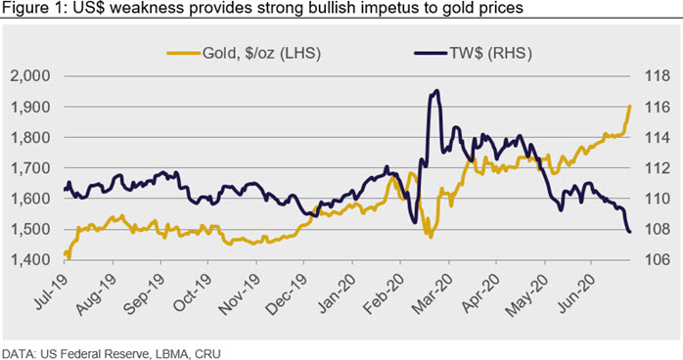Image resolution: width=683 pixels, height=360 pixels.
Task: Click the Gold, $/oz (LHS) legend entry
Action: tap(244, 54)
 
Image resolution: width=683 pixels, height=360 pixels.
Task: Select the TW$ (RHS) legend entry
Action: tap(473, 54)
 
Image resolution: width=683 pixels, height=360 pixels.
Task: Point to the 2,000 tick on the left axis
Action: tap(30, 75)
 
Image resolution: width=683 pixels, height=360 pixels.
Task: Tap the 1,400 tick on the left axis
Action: tap(30, 259)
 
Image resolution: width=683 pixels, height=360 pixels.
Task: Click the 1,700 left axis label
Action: tap(30, 167)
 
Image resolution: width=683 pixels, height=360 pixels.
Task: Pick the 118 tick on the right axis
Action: tap(658, 75)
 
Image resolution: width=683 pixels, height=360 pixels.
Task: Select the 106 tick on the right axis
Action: tap(658, 259)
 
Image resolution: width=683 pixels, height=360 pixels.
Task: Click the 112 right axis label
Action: tap(658, 167)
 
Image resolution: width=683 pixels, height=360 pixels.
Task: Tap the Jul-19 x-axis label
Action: tap(52, 292)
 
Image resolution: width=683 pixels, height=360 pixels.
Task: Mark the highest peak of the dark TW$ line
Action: tap(436, 91)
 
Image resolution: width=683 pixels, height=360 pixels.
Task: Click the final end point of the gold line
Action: tap(630, 107)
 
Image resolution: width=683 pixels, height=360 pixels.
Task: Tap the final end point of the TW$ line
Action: tap(630, 232)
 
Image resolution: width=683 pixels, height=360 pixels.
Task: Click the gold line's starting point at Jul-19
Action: tap(65, 253)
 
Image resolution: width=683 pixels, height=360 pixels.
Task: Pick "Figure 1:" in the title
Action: tap(34, 8)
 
